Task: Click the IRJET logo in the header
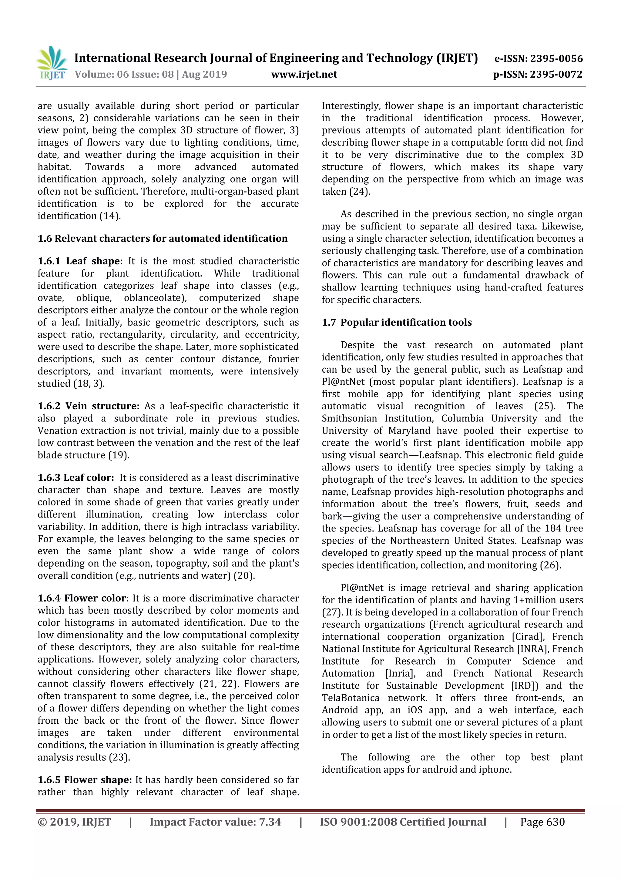[52, 63]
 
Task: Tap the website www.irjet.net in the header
[304, 74]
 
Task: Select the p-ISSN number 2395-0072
[556, 74]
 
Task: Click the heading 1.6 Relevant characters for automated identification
[163, 239]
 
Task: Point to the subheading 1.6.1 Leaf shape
[80, 261]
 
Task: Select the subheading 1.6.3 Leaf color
[76, 478]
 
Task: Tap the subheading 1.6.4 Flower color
[83, 598]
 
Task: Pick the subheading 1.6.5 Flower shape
[85, 780]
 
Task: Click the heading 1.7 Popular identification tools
[397, 322]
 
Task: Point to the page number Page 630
[542, 822]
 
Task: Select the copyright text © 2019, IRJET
[74, 822]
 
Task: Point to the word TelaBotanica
[351, 698]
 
